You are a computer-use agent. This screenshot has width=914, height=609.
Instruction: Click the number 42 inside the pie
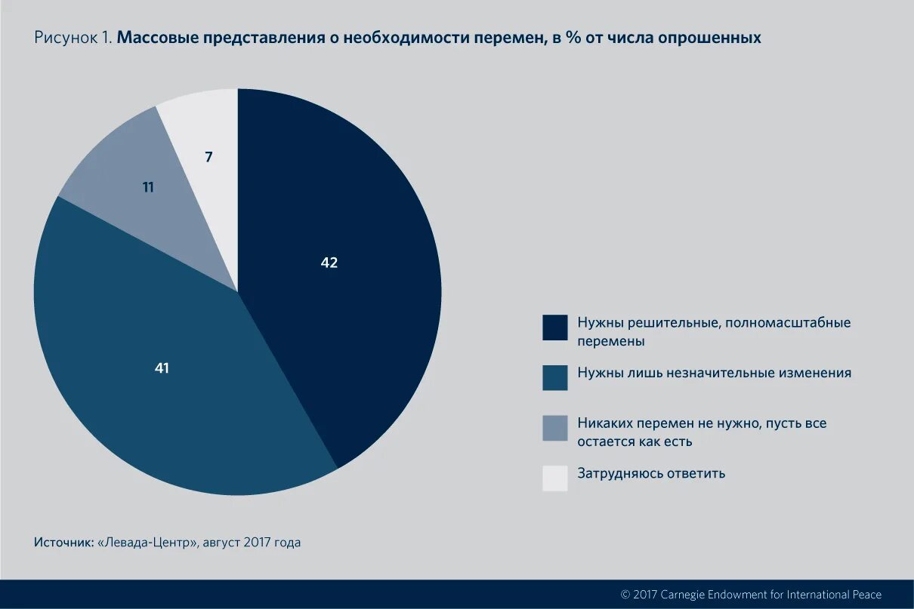(329, 263)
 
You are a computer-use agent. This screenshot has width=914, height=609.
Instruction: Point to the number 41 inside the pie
(161, 368)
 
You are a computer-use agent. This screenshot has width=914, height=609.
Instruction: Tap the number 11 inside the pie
(148, 187)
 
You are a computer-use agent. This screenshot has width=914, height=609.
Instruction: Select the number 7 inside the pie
(208, 157)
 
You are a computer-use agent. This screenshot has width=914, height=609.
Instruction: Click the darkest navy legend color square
(554, 328)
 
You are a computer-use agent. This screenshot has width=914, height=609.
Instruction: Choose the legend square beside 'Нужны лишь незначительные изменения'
(554, 377)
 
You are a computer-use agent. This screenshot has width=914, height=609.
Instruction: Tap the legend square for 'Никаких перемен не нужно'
(554, 428)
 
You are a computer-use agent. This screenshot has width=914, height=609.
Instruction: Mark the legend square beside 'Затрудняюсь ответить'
(554, 478)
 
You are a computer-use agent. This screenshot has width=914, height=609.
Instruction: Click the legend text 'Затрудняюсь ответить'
(651, 473)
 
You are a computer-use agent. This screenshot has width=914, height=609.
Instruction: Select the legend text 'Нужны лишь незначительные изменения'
(714, 373)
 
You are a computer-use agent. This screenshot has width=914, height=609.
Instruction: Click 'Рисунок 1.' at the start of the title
(73, 38)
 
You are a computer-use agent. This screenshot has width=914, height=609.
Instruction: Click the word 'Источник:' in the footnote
(63, 543)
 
